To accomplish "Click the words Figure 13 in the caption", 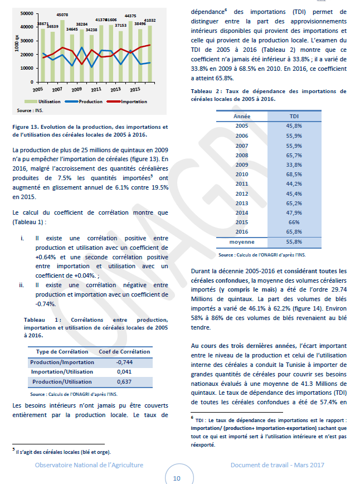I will (27, 127).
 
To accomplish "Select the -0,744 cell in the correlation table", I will (124, 362).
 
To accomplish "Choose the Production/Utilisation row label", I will (62, 381).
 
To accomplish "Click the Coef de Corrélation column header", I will (124, 351).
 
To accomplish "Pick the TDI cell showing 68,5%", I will (294, 174).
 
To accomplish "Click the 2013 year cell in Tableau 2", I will (242, 203).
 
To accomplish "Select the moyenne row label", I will (242, 241).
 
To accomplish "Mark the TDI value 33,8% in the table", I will (294, 164).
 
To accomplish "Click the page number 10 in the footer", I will (177, 477).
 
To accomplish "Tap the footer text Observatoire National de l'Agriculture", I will (89, 464).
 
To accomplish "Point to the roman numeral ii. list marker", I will (21, 285).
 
